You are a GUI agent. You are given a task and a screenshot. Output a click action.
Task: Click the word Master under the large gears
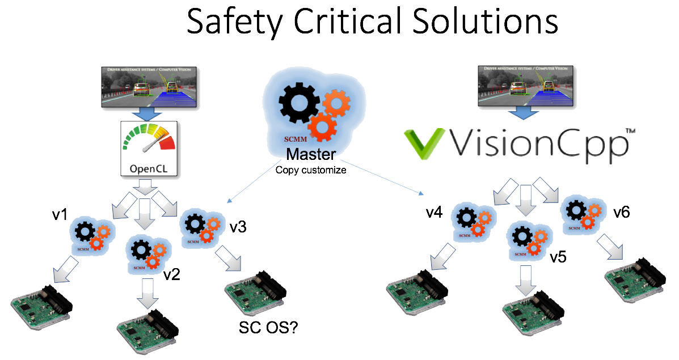point(310,154)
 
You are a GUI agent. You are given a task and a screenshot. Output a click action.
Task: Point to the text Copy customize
point(310,169)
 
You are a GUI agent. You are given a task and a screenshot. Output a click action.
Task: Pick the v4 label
point(435,213)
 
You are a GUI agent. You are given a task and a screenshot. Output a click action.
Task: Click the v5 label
point(559,257)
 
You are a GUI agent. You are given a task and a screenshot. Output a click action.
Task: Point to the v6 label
point(622,213)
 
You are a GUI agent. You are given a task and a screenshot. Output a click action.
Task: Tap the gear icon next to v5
point(529,240)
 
